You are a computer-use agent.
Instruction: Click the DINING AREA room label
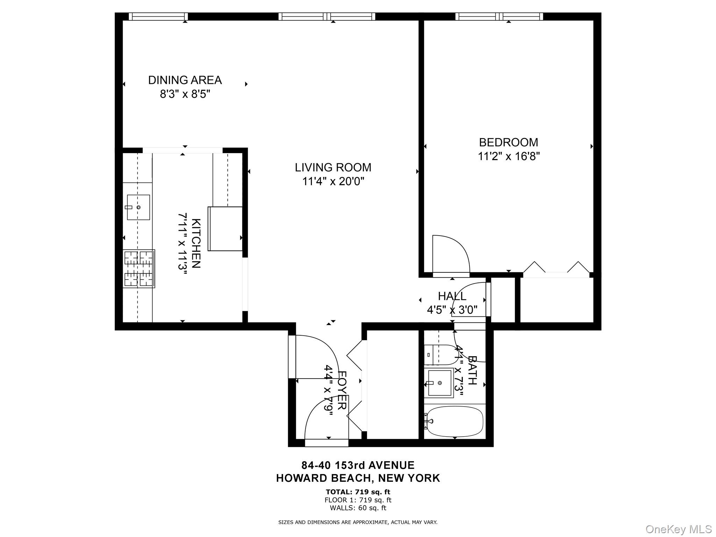(x=185, y=80)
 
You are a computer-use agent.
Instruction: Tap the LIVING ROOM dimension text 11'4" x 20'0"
(x=333, y=182)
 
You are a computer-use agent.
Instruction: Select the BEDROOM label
(x=508, y=142)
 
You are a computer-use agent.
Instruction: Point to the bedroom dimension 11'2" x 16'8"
(x=509, y=156)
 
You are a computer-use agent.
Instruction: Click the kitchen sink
(x=138, y=207)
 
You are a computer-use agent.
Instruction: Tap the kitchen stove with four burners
(x=139, y=268)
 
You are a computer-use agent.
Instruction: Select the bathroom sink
(x=440, y=383)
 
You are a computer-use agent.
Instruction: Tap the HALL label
(x=452, y=296)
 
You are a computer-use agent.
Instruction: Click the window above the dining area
(x=158, y=16)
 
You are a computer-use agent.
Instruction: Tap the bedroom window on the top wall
(x=499, y=16)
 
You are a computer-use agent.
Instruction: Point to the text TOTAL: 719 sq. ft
(x=358, y=492)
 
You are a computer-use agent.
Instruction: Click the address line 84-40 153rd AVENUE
(x=358, y=465)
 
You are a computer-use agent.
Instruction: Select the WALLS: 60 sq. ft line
(x=358, y=508)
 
